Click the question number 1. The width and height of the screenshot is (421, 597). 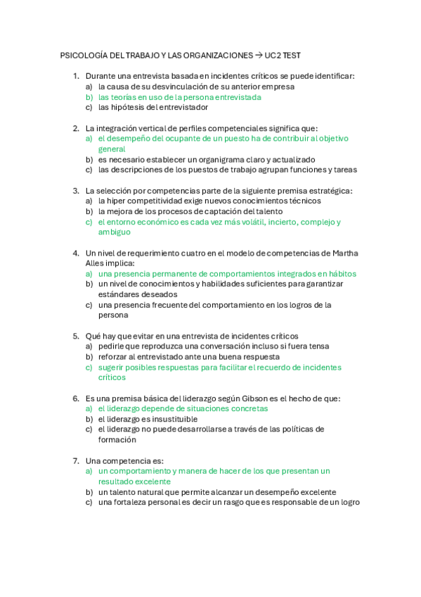click(75, 76)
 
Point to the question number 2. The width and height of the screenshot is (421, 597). click(75, 128)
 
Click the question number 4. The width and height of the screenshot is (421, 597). click(75, 253)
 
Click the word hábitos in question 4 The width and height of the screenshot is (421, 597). click(341, 274)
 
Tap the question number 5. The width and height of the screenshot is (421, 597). click(75, 336)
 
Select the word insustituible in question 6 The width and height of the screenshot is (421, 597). click(169, 419)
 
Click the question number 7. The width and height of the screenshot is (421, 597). click(75, 460)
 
